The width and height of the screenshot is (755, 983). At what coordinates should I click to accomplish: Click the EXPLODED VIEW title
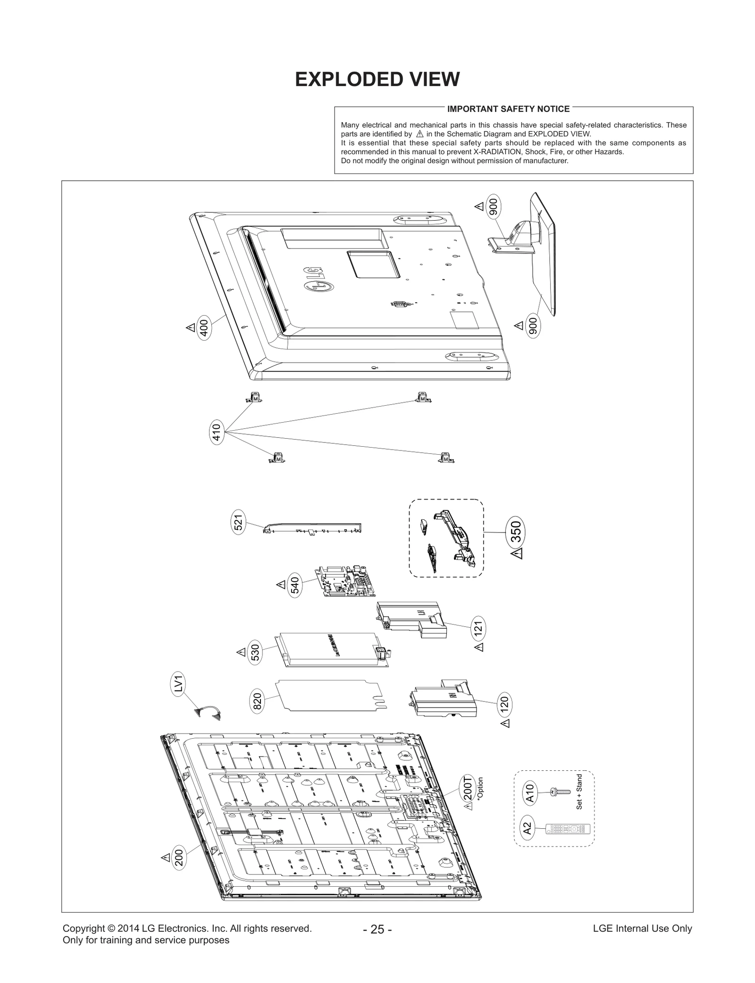pos(377,80)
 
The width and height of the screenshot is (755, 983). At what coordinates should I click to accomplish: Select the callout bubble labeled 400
pos(204,326)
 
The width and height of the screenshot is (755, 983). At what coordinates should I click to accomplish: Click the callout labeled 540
pos(295,585)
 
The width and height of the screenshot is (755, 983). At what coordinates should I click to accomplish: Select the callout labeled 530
pos(255,654)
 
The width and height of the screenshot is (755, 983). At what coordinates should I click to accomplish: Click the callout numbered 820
pos(258,702)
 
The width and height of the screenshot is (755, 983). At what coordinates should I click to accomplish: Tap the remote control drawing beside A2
pos(568,828)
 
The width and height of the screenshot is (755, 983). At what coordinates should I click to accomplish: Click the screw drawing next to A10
pos(560,792)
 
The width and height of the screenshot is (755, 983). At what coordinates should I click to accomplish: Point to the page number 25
pos(377,929)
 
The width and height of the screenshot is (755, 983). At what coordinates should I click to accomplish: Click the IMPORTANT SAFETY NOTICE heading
pos(508,109)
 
